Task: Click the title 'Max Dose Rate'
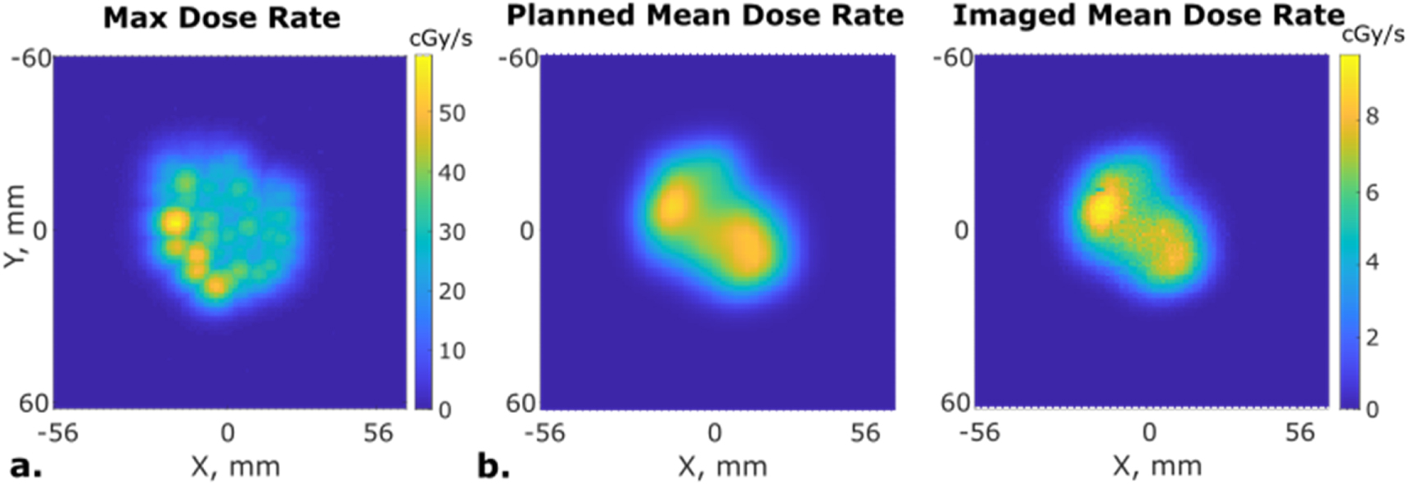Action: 221,18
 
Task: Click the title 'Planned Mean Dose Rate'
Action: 705,16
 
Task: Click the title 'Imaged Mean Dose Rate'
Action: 1148,16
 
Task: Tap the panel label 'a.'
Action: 25,466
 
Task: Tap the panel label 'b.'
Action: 494,466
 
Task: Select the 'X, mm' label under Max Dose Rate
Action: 235,467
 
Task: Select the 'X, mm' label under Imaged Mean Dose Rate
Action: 1157,467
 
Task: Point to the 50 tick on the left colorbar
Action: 452,113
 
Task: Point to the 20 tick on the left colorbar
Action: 452,291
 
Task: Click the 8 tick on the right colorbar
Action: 1372,117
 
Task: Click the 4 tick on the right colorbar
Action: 1372,262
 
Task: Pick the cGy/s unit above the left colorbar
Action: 440,38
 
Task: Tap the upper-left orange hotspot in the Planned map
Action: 673,205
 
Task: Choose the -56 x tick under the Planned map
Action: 546,433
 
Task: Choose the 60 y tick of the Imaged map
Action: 955,402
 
